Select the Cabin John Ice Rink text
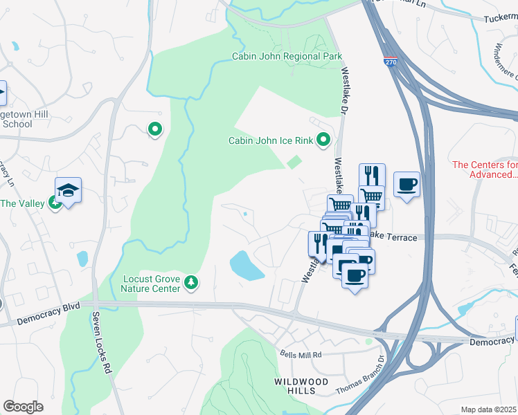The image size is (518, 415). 271,141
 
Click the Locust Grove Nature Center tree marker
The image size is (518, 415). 191,282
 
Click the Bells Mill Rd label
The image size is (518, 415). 301,355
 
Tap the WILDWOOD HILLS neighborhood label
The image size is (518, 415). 305,386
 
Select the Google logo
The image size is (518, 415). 23,407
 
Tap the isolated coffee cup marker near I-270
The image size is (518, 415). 407,185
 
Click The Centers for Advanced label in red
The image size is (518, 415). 485,169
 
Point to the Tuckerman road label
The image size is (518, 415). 501,19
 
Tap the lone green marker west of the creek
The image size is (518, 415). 155,128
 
